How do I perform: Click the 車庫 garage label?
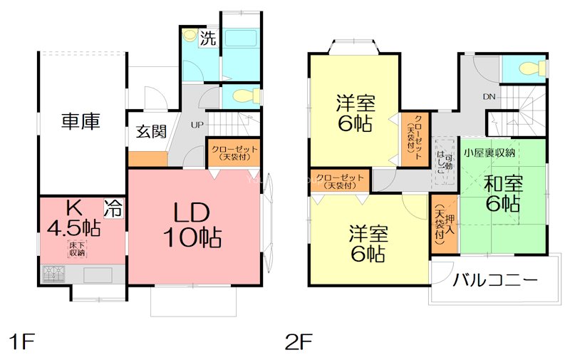80,121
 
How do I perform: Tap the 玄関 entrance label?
151,132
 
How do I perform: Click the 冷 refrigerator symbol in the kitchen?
113,207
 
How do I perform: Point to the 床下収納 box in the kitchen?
76,249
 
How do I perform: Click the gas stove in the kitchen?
54,274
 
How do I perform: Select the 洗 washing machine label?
207,38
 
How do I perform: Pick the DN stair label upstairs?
489,97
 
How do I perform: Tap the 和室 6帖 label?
504,192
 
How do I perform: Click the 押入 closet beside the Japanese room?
443,224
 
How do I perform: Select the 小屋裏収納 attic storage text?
489,153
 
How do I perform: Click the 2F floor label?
299,341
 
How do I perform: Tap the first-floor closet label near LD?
233,152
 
